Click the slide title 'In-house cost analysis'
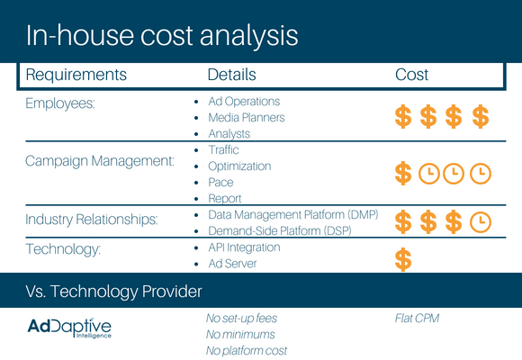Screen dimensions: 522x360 click(162, 36)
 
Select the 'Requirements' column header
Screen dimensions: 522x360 click(76, 75)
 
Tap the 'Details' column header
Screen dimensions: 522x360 click(231, 75)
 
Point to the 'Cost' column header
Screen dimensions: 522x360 click(411, 75)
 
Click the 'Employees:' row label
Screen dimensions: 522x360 click(60, 103)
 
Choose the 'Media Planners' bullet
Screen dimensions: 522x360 click(247, 118)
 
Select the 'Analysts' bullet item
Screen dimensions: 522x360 click(229, 134)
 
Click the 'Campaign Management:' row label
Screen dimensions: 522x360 click(100, 161)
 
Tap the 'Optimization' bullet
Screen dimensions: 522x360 click(239, 166)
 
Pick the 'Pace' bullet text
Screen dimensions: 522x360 click(220, 183)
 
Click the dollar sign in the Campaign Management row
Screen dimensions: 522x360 click(403, 173)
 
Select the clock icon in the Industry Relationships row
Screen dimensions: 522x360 click(481, 222)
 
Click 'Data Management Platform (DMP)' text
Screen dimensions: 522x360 click(293, 215)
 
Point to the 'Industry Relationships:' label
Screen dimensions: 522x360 click(92, 220)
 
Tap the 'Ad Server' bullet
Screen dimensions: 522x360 click(232, 264)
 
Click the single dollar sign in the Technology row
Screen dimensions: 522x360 click(403, 259)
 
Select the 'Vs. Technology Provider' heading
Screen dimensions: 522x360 click(114, 292)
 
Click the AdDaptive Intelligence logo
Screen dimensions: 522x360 click(69, 328)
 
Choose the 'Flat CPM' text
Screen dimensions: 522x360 click(417, 319)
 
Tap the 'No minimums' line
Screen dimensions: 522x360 click(240, 335)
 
